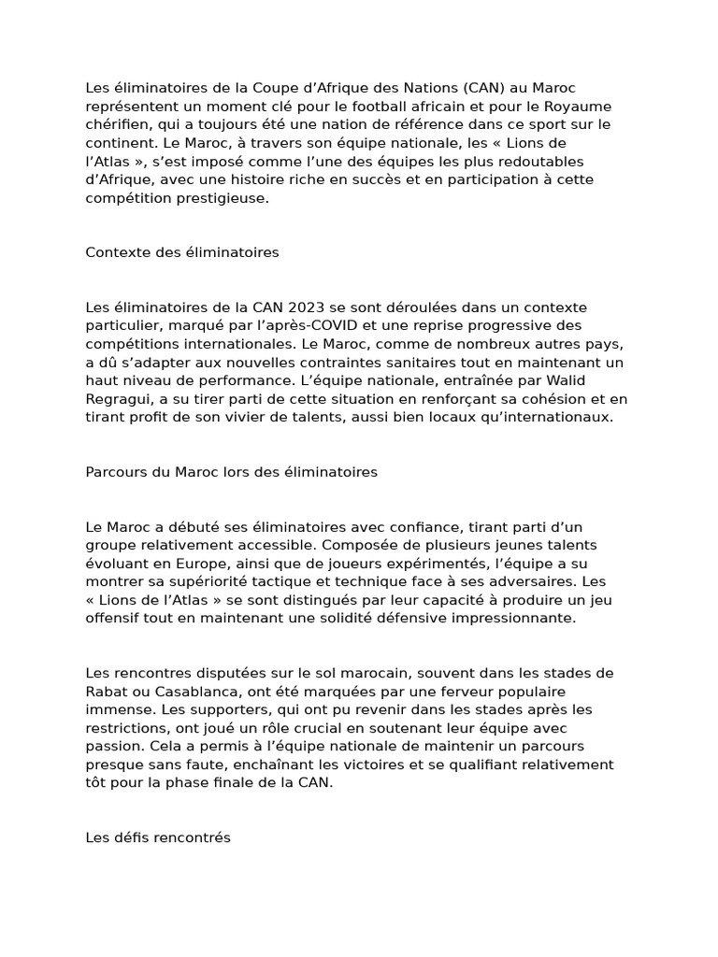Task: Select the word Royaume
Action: coord(580,106)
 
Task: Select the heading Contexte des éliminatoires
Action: coord(182,252)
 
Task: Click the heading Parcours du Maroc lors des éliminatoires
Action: coord(232,472)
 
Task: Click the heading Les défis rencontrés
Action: coord(158,838)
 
